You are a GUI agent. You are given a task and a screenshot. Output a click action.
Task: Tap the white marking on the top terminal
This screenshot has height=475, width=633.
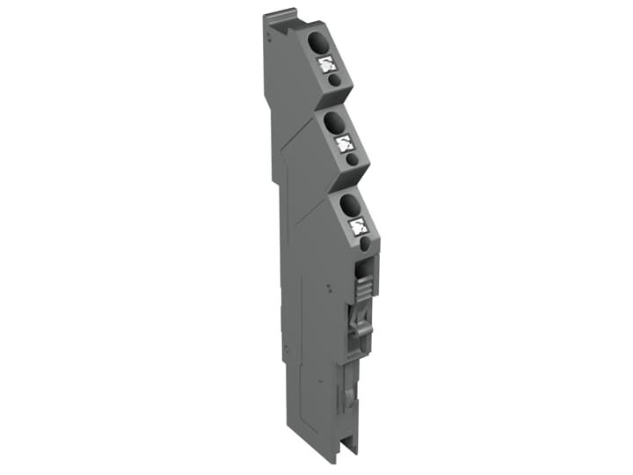tap(326, 63)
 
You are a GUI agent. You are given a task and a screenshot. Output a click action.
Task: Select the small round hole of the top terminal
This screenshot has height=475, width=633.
tap(335, 80)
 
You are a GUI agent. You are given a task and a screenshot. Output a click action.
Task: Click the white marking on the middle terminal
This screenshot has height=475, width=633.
tap(344, 143)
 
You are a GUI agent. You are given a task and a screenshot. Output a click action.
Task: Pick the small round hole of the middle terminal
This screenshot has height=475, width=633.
tap(352, 160)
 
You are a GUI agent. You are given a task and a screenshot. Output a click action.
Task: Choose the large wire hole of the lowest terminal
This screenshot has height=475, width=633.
tap(349, 205)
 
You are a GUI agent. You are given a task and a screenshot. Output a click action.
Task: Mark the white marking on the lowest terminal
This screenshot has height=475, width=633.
tap(359, 227)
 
